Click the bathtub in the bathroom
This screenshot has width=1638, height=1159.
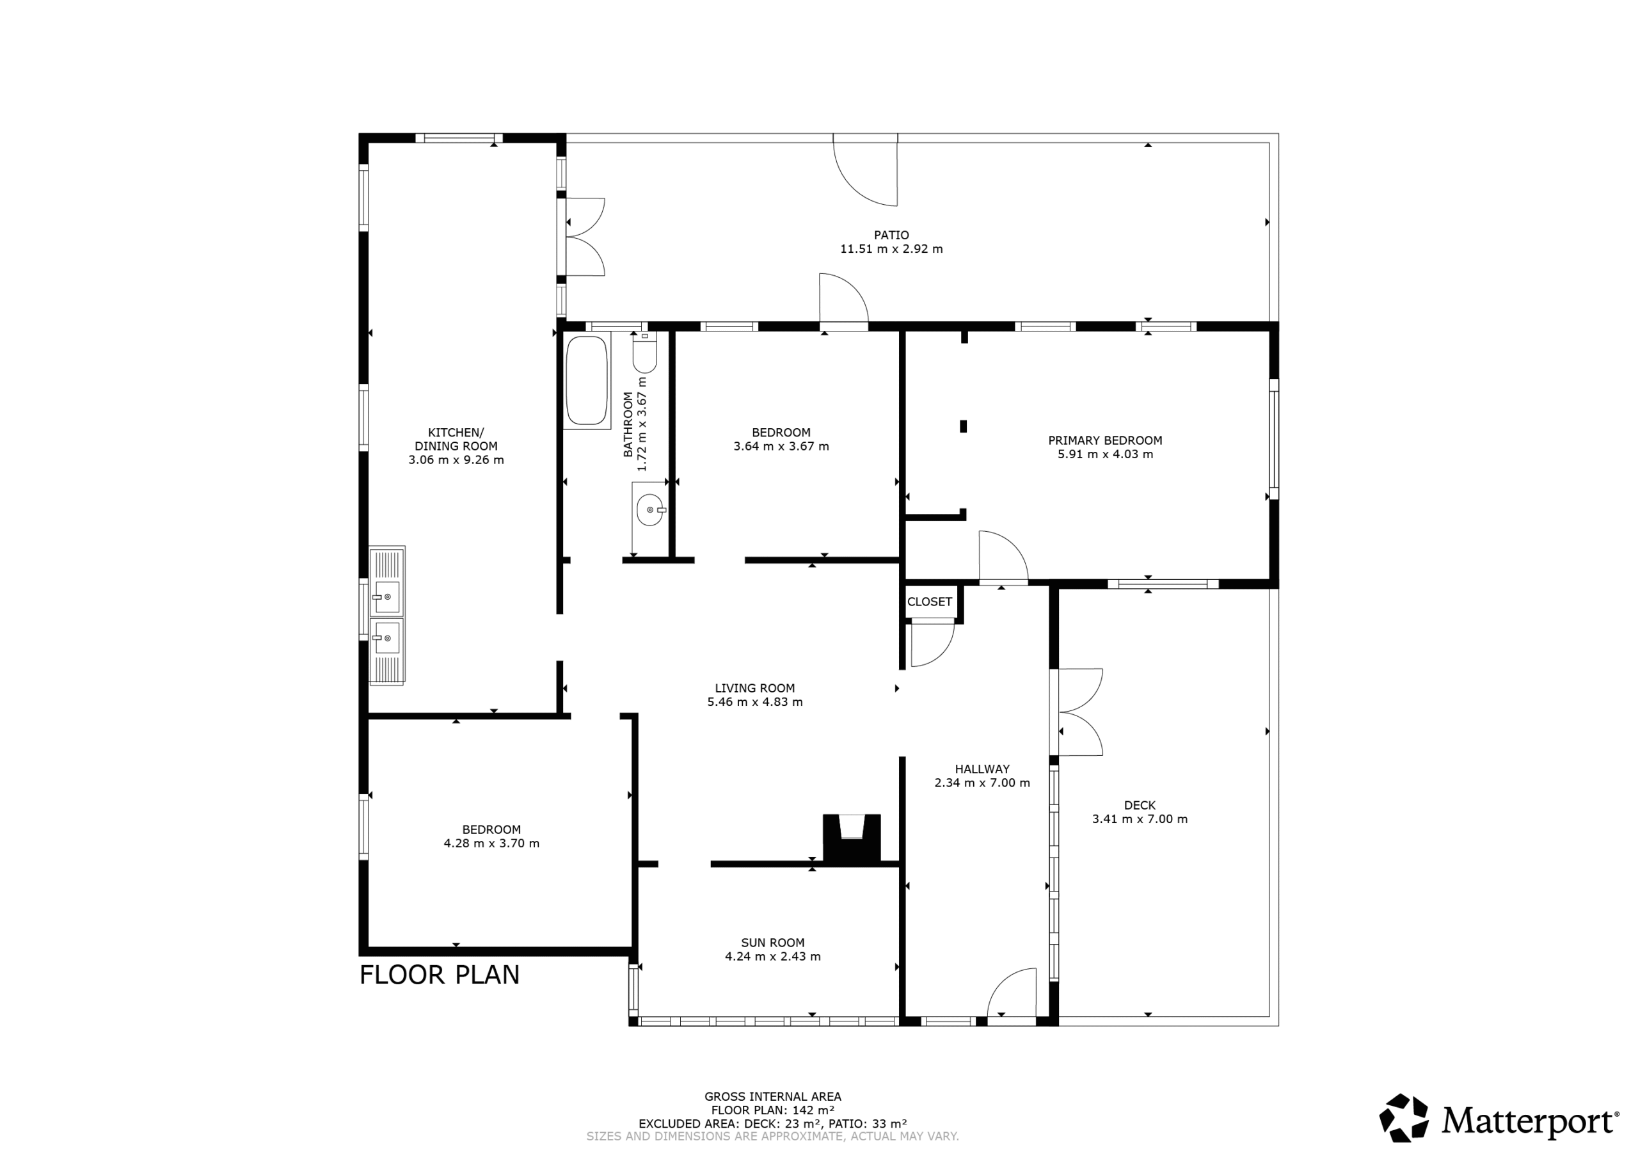click(587, 380)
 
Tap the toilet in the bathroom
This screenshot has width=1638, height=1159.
click(644, 353)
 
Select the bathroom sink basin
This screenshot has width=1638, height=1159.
click(650, 509)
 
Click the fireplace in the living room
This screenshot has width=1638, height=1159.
click(852, 838)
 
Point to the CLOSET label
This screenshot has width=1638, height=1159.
click(930, 602)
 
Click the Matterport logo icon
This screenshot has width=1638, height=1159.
click(1403, 1117)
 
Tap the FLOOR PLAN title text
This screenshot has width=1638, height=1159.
click(440, 975)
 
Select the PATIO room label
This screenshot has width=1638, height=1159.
click(892, 235)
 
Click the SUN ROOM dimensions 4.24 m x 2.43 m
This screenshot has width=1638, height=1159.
click(773, 956)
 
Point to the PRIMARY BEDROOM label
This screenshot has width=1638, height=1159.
click(1105, 440)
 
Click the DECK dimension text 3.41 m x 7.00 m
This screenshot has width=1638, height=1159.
click(1140, 819)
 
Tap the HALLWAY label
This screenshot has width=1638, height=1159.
click(982, 769)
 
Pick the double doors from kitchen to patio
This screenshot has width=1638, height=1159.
click(584, 236)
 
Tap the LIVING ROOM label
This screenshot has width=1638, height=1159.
click(755, 688)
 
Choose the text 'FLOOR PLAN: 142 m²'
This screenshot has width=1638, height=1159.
click(773, 1110)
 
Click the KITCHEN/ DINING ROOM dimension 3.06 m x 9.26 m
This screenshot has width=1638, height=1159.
click(456, 460)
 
